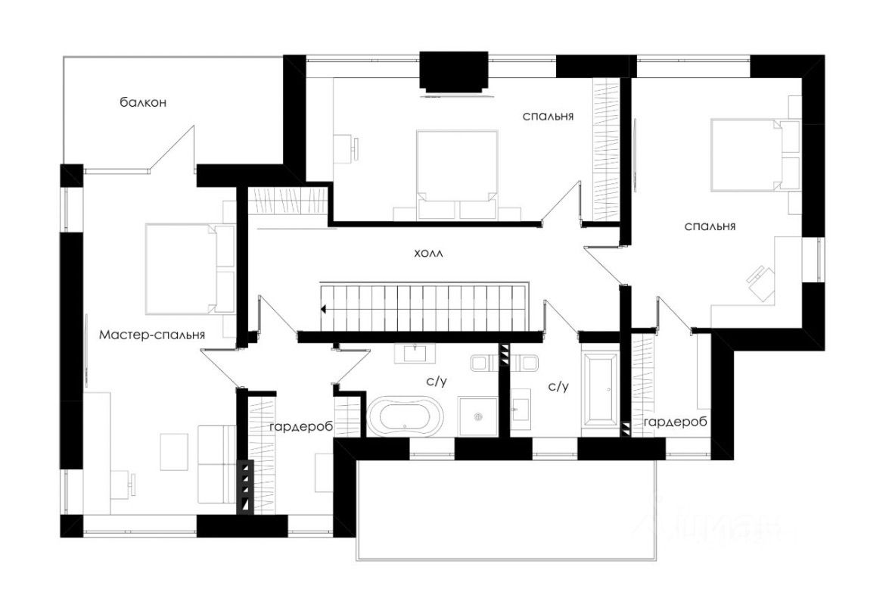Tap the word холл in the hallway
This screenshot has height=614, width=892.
(427, 254)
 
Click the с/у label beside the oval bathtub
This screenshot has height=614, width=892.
(437, 382)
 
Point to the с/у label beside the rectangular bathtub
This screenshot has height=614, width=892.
(558, 386)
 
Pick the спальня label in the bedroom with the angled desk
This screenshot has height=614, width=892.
(710, 226)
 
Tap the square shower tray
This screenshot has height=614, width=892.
(478, 416)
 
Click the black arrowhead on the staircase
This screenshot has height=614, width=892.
(323, 309)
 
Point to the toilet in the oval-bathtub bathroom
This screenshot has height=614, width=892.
(481, 364)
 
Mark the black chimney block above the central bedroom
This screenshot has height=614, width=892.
(452, 72)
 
